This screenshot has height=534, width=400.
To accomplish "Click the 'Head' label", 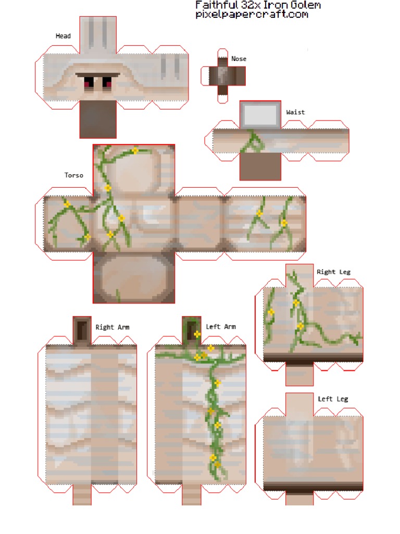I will click(63, 36).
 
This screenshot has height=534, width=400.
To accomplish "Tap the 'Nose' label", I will click(239, 59).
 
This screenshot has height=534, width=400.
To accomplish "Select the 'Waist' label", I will click(295, 112).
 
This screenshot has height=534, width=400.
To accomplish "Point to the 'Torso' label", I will click(74, 175).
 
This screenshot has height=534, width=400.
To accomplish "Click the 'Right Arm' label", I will click(113, 327).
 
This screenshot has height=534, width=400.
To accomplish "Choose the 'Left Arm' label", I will click(221, 327).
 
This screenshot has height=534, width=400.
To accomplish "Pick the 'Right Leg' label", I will click(333, 272).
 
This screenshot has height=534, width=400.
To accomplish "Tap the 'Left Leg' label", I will click(333, 399).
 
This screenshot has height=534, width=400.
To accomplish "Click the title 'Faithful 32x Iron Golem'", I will click(258, 5).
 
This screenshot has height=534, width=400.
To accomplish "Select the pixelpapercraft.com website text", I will click(252, 15).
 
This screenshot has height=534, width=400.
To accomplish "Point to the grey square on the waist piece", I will click(260, 114).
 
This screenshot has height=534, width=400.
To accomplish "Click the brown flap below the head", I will click(97, 119).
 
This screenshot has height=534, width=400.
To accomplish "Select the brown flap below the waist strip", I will click(260, 166).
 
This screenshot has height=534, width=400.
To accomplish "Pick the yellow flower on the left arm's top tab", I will click(197, 334).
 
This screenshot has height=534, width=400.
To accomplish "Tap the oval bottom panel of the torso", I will click(134, 278).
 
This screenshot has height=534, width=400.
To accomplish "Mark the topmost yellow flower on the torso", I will click(135, 151).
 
